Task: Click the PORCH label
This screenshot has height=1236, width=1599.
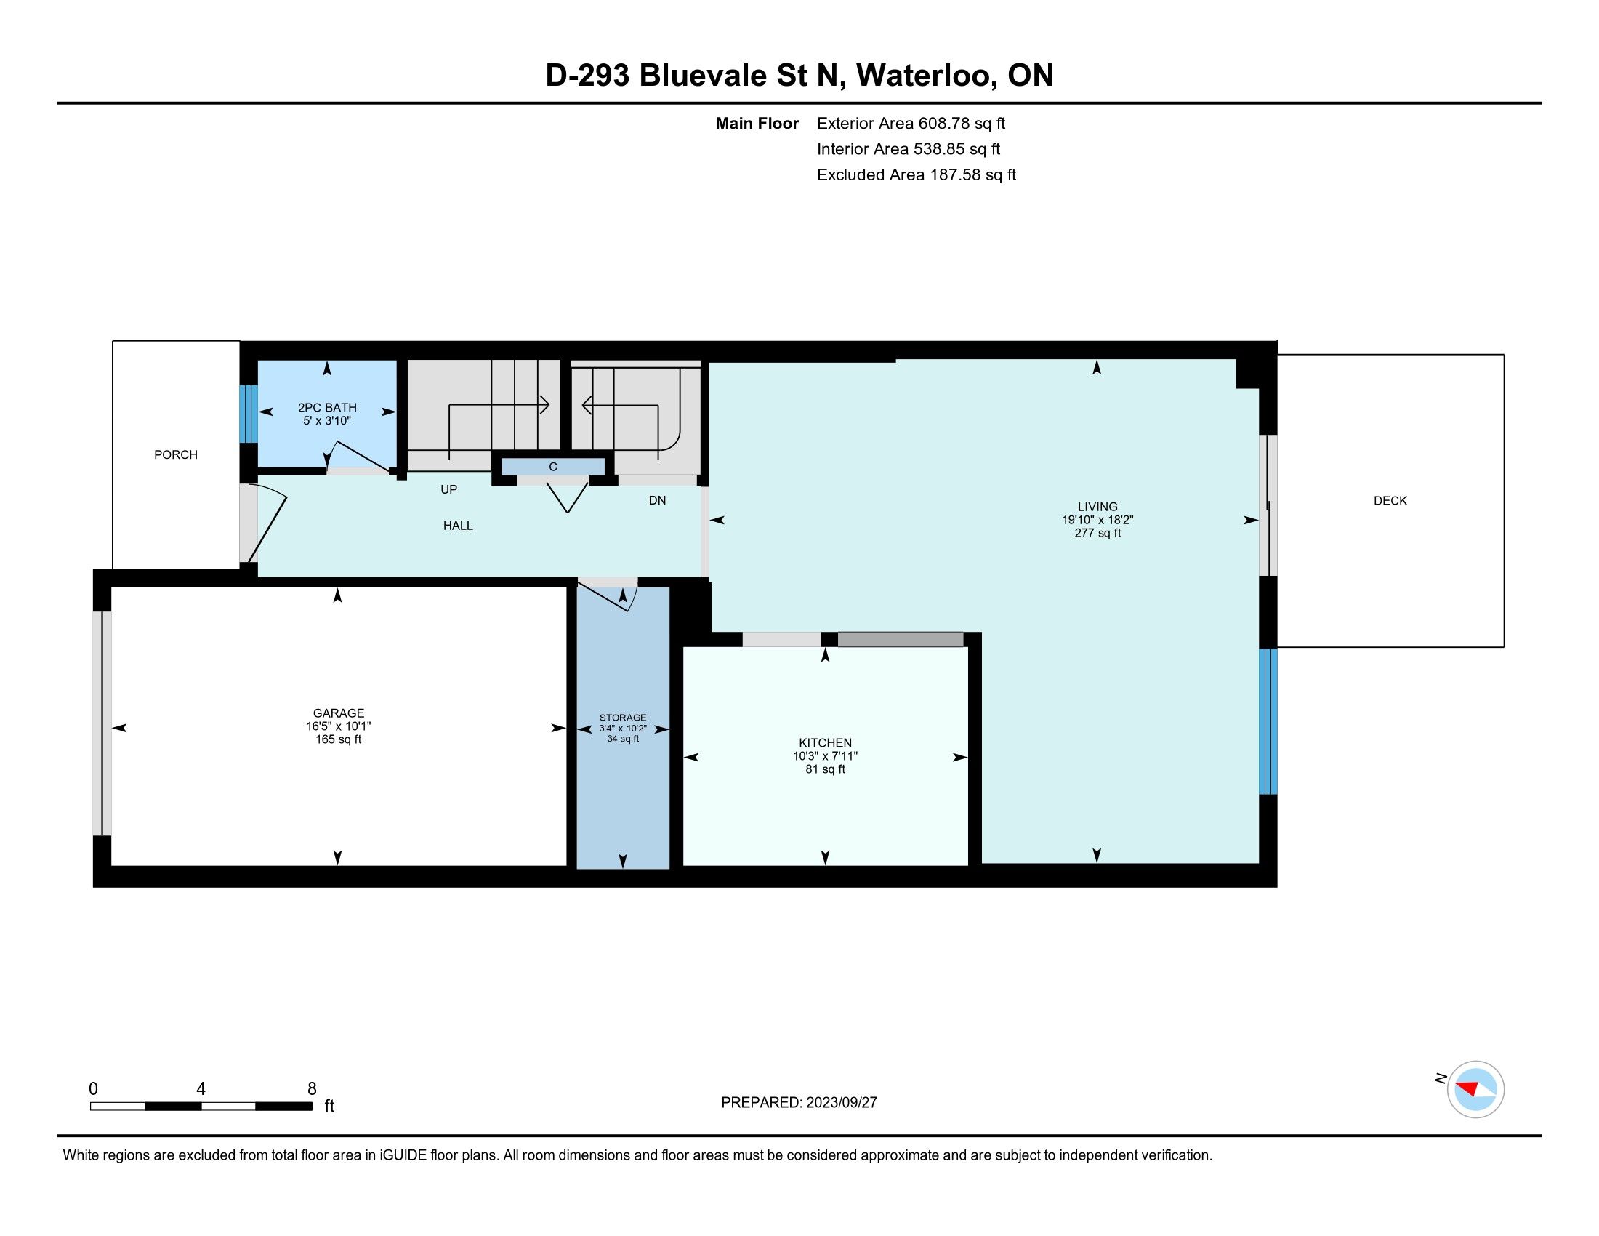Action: point(176,454)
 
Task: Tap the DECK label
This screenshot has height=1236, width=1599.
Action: point(1390,501)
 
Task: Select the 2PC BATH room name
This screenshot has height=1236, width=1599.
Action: point(327,408)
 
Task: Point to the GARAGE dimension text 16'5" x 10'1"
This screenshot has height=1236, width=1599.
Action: point(338,726)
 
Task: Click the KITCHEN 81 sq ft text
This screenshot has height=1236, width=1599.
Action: point(825,769)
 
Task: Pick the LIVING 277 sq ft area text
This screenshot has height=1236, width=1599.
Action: point(1097,533)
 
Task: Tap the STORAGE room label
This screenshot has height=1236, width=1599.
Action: point(623,718)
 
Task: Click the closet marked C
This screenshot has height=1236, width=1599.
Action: point(553,467)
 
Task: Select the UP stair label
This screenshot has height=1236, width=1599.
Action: point(448,489)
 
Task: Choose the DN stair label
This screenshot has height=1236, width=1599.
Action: point(658,500)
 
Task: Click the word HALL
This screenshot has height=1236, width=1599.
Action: point(459,526)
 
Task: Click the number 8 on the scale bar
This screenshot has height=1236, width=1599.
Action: point(312,1089)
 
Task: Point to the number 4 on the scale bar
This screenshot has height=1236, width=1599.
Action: point(201,1089)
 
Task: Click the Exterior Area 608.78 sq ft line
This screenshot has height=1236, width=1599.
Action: point(911,123)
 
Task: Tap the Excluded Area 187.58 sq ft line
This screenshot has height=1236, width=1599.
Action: point(917,175)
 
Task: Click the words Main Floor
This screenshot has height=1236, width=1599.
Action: point(757,123)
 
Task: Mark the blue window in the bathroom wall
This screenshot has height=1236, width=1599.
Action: point(249,414)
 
